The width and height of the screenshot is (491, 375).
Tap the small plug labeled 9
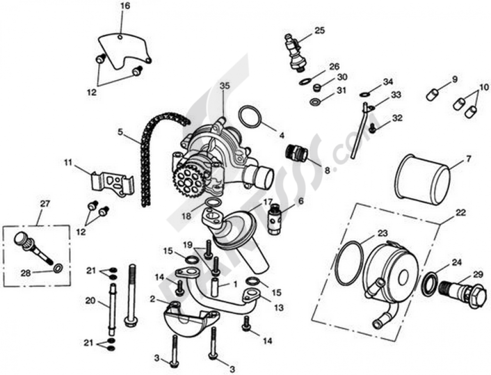(432, 95)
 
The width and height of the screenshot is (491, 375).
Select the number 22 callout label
(461, 213)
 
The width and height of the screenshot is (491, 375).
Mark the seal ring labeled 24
(430, 284)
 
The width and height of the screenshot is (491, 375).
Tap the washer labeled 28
(57, 268)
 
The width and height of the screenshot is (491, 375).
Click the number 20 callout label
(89, 301)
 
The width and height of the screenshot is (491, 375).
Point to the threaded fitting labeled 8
(297, 153)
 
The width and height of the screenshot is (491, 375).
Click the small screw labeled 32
(373, 129)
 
